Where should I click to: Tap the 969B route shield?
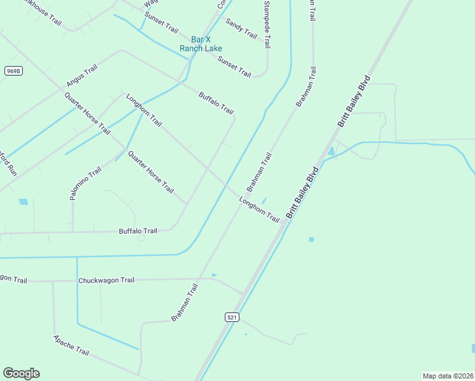[13, 71]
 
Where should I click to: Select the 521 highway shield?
[231, 316]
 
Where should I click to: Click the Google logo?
[21, 373]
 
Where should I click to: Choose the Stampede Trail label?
[267, 24]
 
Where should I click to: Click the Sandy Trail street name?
[241, 29]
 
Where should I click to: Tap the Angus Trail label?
[82, 76]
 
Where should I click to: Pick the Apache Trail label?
[71, 345]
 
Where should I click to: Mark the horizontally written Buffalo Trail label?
[138, 231]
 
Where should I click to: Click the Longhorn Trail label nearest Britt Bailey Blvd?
[259, 210]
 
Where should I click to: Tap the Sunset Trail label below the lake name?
[234, 67]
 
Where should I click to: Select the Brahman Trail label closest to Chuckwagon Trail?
[185, 302]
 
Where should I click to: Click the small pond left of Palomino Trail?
[23, 202]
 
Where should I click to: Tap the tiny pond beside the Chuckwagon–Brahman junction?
[213, 275]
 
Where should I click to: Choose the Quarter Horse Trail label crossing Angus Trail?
[87, 113]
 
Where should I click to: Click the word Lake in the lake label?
[213, 48]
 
